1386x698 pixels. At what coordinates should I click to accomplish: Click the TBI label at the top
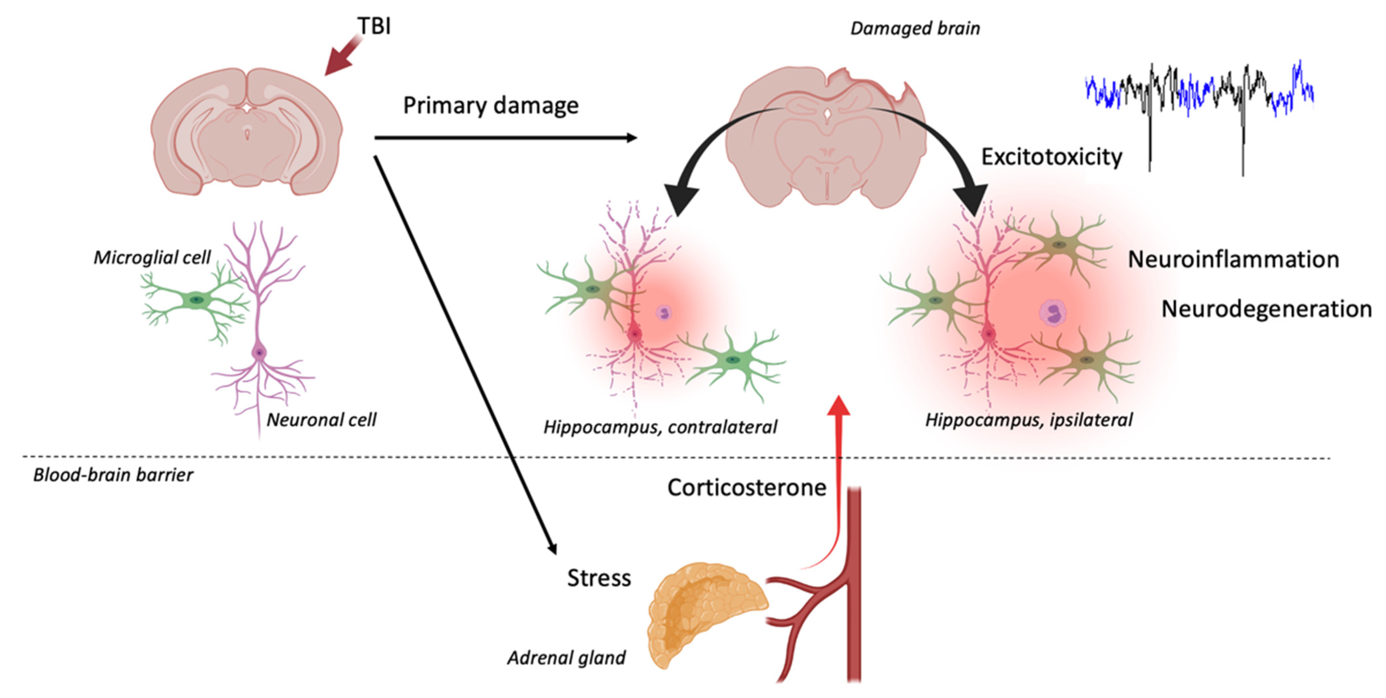(x=374, y=26)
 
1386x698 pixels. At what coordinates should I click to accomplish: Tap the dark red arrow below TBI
(x=342, y=57)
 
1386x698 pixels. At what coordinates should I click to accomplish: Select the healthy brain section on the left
(x=246, y=132)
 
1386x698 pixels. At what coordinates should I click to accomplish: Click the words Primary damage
(x=491, y=105)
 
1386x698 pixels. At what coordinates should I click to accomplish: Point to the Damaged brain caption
(x=915, y=28)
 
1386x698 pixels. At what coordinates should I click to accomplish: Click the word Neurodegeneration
(x=1266, y=309)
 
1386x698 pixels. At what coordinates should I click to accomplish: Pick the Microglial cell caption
(x=152, y=258)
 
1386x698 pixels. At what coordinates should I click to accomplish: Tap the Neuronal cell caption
(x=321, y=420)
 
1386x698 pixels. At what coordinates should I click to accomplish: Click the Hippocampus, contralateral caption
(x=660, y=427)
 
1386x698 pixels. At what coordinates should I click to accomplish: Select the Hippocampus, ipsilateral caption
(x=1029, y=420)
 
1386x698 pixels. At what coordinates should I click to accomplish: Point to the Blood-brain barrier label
(x=113, y=475)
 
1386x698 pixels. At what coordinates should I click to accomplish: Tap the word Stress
(x=599, y=578)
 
